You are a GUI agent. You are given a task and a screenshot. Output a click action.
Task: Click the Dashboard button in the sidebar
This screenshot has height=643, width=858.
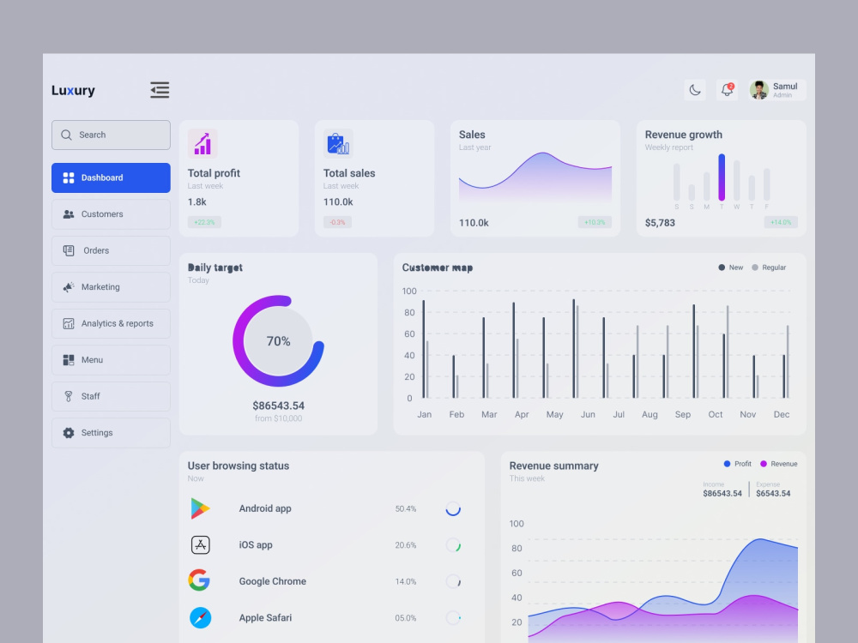coord(111,177)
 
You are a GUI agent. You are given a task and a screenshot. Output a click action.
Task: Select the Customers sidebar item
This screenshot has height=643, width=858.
coord(111,214)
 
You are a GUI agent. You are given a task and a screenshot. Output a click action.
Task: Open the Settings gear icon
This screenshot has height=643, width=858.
coord(69,432)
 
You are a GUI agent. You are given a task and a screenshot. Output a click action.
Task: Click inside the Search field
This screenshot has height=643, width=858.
coord(111,135)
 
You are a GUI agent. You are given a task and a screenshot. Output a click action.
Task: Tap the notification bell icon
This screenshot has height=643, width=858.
coord(727,90)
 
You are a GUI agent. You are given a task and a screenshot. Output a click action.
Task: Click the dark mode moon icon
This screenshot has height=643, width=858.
coord(695,90)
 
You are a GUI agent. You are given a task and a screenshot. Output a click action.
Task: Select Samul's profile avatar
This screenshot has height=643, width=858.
coord(759,90)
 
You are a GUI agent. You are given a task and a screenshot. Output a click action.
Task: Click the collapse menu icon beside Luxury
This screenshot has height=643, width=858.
coord(160,90)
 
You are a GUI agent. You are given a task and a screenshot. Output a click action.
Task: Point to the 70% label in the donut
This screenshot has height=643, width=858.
coord(279,341)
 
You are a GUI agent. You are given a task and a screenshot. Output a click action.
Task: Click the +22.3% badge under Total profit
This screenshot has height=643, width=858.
coord(205,222)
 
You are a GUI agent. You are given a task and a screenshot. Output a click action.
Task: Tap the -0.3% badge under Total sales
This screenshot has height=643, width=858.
coord(337,222)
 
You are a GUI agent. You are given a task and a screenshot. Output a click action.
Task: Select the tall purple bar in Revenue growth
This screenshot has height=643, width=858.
coord(722,177)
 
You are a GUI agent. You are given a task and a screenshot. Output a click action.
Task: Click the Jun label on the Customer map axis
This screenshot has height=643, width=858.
coord(588,414)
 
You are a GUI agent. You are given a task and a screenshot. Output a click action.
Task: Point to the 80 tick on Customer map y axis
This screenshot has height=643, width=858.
coord(409,313)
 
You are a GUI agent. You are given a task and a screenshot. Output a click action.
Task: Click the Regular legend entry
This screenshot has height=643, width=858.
coord(769,267)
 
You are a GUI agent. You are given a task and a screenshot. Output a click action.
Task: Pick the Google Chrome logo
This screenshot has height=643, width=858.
coord(199,580)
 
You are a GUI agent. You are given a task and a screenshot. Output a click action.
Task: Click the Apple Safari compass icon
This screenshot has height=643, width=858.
coord(200,618)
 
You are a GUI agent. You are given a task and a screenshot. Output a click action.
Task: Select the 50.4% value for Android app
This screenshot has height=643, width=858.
coord(406,509)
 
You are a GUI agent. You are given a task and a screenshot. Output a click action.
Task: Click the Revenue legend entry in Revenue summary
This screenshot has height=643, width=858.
coord(779,464)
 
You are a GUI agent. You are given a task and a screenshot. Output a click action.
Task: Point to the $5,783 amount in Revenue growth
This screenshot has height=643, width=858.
coord(660,223)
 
